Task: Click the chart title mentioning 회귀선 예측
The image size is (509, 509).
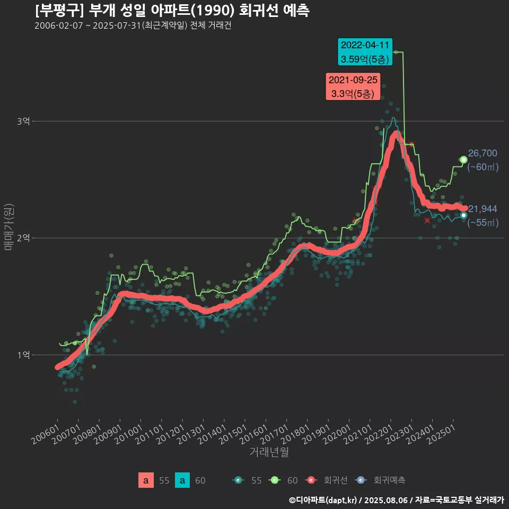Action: click(x=172, y=10)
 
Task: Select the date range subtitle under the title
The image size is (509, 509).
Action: click(x=133, y=26)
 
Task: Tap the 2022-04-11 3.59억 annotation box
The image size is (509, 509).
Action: click(x=365, y=51)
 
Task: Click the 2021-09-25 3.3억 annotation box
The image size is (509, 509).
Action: click(x=353, y=87)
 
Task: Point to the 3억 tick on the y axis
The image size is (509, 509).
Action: click(x=23, y=121)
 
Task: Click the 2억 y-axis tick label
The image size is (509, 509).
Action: click(x=23, y=238)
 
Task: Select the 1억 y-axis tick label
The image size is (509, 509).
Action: click(x=23, y=355)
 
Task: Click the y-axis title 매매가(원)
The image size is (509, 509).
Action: click(x=8, y=226)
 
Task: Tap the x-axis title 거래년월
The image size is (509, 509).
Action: click(x=269, y=452)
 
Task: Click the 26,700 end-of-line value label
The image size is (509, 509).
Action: click(x=482, y=154)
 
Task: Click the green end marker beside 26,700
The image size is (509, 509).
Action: click(x=463, y=160)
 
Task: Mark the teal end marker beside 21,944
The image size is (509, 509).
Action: click(x=463, y=215)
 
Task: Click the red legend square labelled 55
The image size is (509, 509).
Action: click(x=146, y=480)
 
